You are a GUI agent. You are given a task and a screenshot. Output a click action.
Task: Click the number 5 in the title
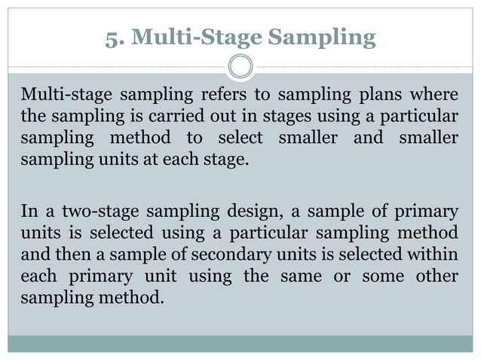coord(112,37)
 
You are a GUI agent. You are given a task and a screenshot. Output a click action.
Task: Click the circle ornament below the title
coord(240,68)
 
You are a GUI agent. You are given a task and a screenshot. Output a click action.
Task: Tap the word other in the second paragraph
coord(437,276)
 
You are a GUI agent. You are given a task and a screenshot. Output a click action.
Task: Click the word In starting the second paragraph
coord(29,211)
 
